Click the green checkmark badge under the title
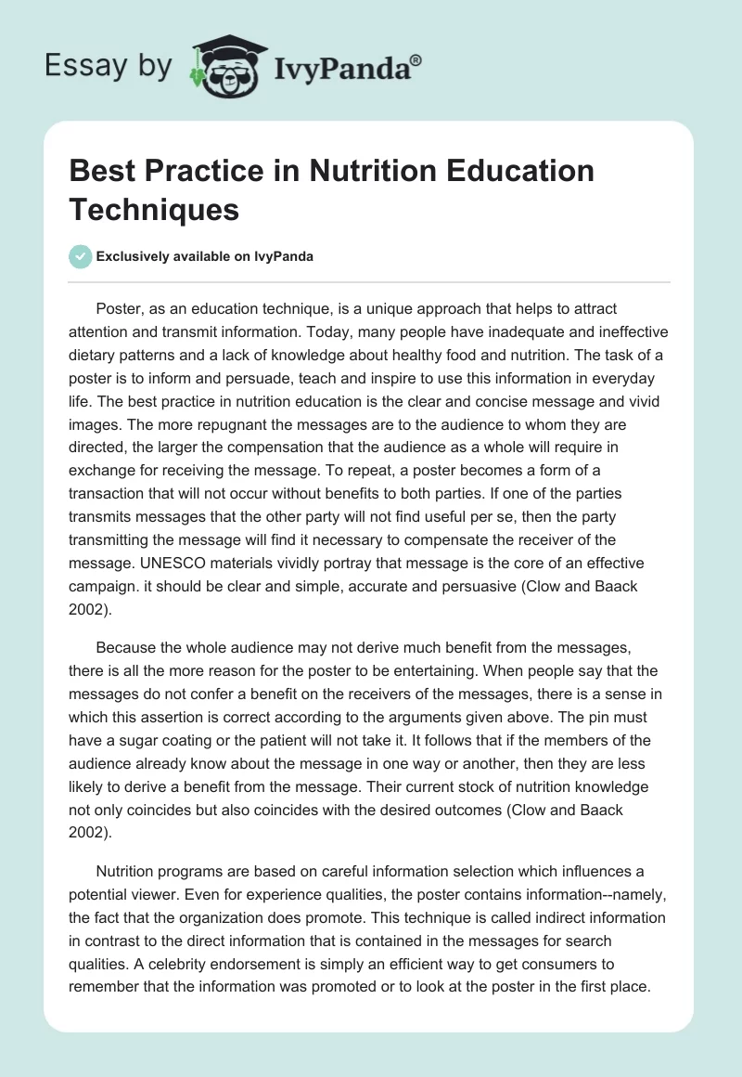tap(80, 256)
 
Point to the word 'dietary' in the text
tap(96, 356)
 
